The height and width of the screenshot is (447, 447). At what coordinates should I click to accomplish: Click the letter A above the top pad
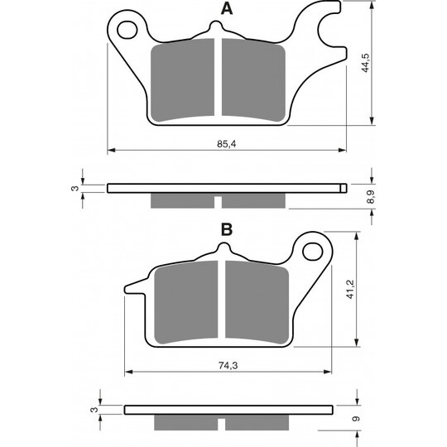pos(227,9)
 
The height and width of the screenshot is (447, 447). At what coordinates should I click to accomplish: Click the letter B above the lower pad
pos(227,229)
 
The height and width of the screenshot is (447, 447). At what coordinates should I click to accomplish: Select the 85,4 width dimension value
pos(227,144)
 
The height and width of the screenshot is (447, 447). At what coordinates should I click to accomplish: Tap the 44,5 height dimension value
pos(366,63)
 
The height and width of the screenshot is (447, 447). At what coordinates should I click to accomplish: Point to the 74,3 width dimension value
pos(228,365)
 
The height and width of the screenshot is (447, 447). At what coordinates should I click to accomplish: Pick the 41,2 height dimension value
pos(350,290)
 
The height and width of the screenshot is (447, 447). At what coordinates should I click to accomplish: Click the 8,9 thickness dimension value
pos(371,197)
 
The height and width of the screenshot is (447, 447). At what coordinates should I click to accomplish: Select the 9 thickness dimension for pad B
pos(356,419)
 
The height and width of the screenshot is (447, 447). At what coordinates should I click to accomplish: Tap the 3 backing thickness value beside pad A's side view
pos(74,188)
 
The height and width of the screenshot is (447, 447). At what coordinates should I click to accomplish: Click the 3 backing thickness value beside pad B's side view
pos(94,410)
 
